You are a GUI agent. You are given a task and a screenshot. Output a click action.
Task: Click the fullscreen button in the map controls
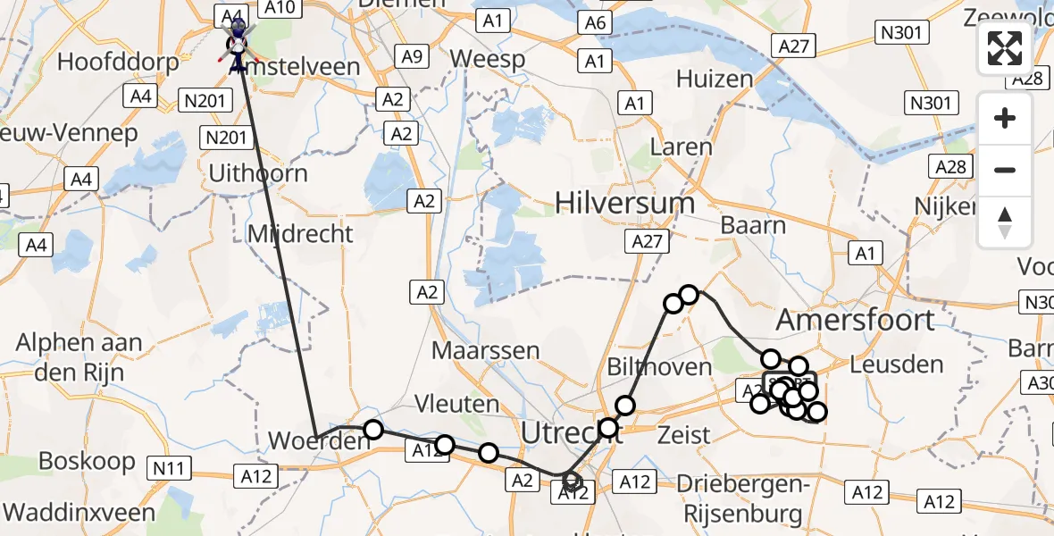click(x=1005, y=49)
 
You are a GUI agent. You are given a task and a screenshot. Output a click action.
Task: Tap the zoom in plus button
click(x=1005, y=118)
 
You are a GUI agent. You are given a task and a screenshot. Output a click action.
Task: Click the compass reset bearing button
click(x=1005, y=222)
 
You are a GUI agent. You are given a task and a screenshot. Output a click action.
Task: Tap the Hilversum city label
click(x=624, y=203)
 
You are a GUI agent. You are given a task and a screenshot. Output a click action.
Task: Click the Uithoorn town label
click(x=257, y=172)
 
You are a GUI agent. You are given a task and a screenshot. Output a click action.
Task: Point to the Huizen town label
click(x=715, y=79)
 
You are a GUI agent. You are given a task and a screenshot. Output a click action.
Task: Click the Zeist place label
click(x=683, y=436)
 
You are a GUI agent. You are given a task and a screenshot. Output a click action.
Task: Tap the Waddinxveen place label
click(x=79, y=513)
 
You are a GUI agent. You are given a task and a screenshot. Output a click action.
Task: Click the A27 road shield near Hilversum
click(x=649, y=242)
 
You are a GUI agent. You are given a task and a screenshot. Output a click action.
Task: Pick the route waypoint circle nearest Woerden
click(x=373, y=430)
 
